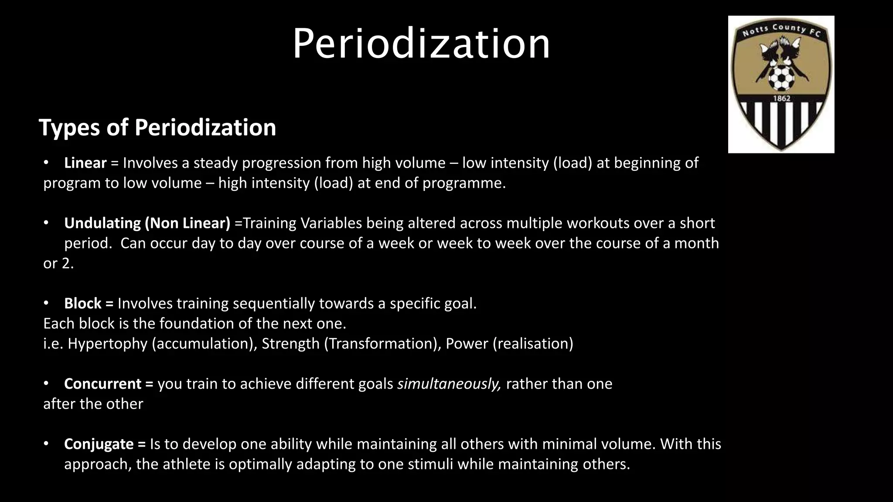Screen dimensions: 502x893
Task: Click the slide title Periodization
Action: click(x=421, y=44)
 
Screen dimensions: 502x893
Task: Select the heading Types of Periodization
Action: click(x=157, y=128)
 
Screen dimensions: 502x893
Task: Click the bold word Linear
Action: click(x=85, y=163)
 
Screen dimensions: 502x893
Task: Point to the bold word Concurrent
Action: click(x=102, y=384)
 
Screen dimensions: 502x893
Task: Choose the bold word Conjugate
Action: click(x=99, y=444)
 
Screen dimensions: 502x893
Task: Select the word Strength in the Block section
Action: click(x=290, y=344)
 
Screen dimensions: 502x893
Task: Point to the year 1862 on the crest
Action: click(x=781, y=98)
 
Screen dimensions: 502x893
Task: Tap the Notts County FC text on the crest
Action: click(x=781, y=30)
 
